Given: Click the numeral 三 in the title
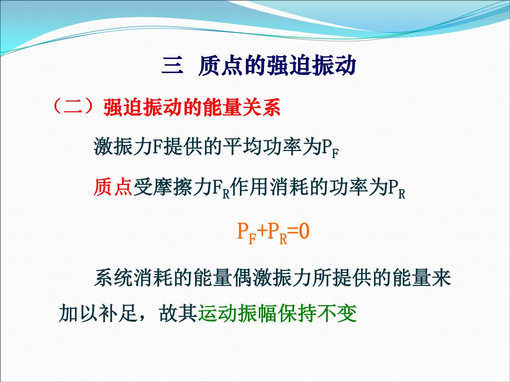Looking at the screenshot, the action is pos(172,66).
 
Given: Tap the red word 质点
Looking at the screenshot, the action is pos(113,187).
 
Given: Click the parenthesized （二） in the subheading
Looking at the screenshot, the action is pos(74,107).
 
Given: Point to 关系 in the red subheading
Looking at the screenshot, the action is pos(261,107).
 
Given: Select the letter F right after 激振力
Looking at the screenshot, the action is pos(157,147).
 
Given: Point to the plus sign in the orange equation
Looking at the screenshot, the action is pos(262,231).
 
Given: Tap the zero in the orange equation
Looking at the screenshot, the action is pos(304,231).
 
